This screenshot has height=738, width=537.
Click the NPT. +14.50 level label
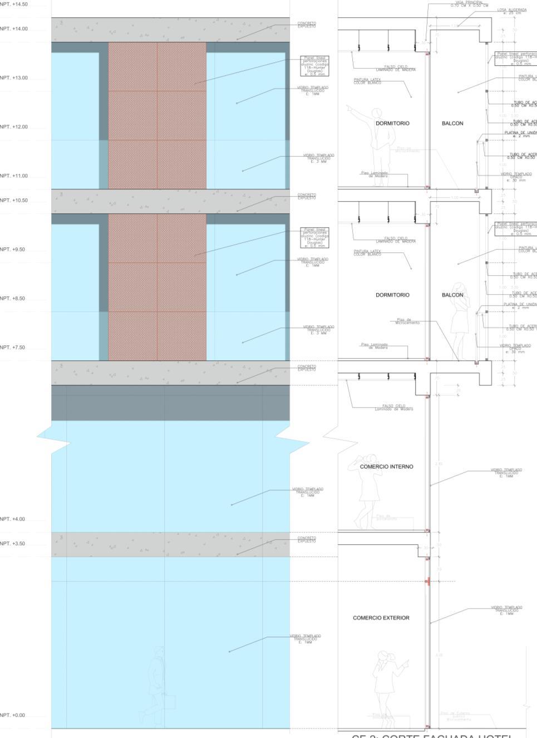pos(13,4)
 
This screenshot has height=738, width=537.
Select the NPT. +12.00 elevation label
pos(13,127)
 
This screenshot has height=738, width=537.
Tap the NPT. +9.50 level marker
pos(13,250)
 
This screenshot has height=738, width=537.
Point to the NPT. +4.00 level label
pos(13,519)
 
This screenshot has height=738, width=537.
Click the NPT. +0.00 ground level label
pos(13,715)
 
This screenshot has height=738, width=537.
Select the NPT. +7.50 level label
pos(13,348)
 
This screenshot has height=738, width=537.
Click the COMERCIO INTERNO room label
pos(386,467)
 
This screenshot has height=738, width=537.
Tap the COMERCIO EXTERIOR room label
pos(381,618)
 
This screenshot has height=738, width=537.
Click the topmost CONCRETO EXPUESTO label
pos(307,25)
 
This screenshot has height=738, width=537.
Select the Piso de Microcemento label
pos(408,321)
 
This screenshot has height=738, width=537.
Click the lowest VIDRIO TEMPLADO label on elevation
pos(305,639)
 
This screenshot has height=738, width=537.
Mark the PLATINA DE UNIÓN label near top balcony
pos(520,134)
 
